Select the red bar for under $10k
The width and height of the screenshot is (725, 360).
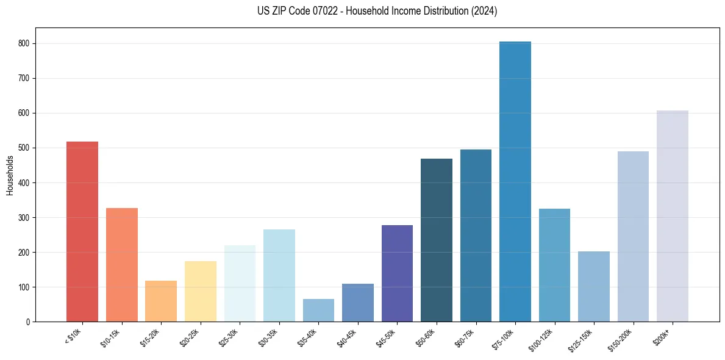82,232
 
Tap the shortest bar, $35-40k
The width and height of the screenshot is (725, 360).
318,311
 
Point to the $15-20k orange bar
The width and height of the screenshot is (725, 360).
161,301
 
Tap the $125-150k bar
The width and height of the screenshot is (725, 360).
594,287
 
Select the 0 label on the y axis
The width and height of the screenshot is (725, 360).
28,322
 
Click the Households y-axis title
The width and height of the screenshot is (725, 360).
10,175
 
